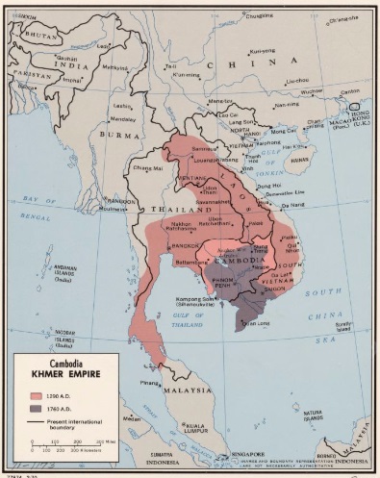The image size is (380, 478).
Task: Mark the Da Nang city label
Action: [x=291, y=205]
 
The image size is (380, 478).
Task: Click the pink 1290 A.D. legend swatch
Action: [x=27, y=395]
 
